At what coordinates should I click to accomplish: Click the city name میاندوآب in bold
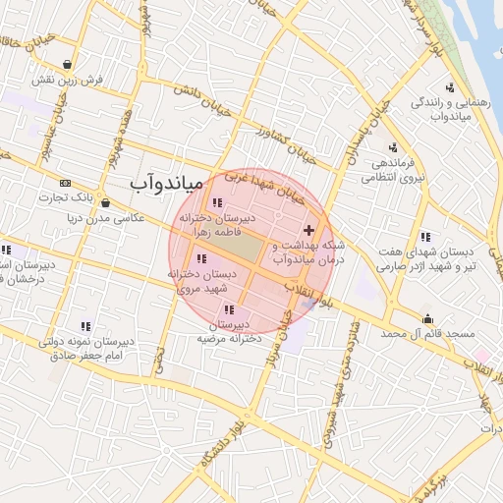point(166,183)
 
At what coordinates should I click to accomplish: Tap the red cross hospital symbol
point(309,229)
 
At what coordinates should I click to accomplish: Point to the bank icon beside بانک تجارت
point(65,183)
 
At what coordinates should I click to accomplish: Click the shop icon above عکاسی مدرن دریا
point(105,203)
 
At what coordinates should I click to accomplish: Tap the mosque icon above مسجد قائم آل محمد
point(427,318)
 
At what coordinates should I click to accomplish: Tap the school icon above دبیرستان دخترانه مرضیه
point(229,309)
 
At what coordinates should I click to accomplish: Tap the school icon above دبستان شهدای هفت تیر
point(425,237)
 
